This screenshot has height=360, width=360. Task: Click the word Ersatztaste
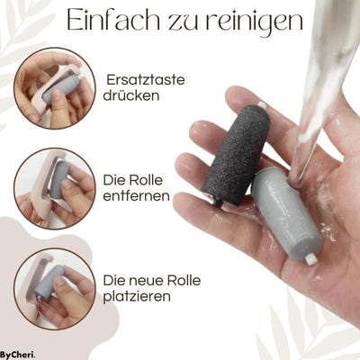point(146,80)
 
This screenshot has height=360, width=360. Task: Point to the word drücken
point(132,96)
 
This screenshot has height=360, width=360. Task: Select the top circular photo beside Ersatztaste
point(54,88)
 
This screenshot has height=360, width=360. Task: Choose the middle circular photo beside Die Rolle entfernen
point(54,187)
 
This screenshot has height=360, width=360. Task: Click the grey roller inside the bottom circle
point(50,281)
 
